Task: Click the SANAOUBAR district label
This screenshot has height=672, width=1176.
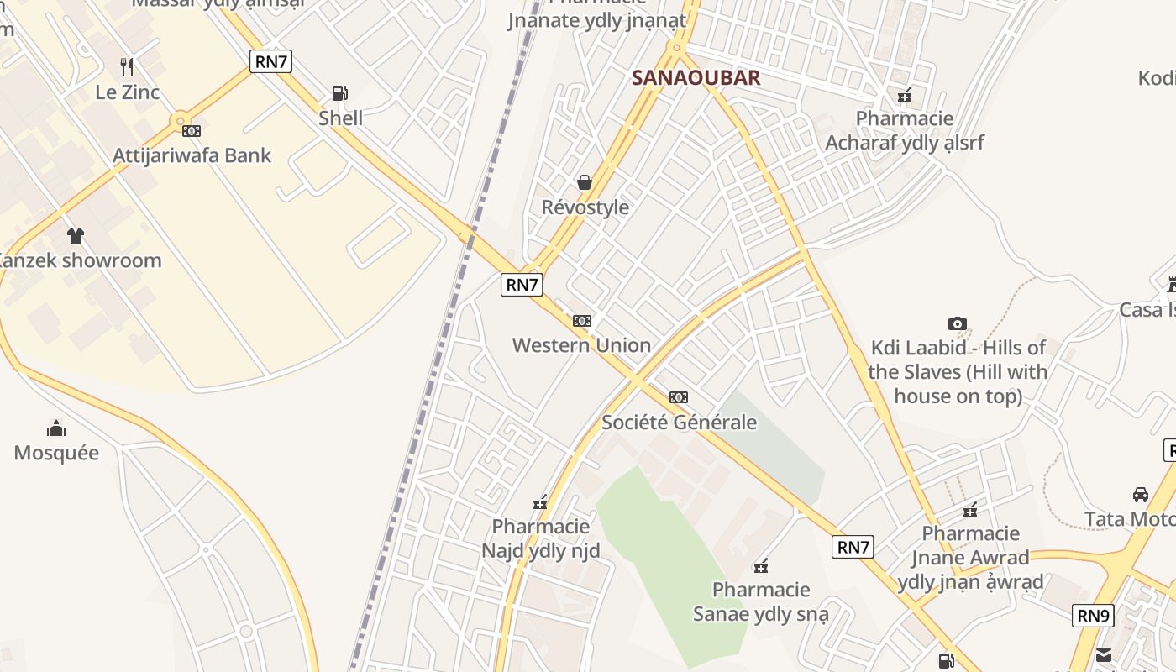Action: [696, 78]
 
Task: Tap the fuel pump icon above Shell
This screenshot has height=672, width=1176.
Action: [340, 92]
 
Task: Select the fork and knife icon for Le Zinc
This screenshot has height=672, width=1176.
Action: [127, 66]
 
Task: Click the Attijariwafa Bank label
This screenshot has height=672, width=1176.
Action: [192, 155]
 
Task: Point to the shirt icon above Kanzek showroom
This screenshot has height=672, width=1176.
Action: [76, 235]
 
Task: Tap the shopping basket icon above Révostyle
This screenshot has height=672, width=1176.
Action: [585, 182]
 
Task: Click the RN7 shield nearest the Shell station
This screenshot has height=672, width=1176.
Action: [270, 61]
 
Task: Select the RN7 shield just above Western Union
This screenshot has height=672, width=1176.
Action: [521, 285]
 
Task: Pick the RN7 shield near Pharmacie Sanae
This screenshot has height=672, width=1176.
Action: [853, 548]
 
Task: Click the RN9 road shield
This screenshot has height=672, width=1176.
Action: [1094, 616]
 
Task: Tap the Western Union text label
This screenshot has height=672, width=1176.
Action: [581, 345]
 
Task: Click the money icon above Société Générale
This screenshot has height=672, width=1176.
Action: [679, 397]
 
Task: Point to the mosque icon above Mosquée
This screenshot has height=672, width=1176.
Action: [56, 428]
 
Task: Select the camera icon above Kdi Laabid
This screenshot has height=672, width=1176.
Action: [957, 323]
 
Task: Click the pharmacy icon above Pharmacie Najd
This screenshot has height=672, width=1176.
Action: [540, 502]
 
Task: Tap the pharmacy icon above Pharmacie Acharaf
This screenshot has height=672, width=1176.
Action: [904, 95]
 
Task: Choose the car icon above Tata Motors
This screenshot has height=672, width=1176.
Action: [1140, 494]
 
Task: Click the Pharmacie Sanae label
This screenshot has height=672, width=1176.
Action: [760, 601]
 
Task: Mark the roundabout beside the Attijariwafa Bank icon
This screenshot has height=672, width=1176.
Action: [180, 123]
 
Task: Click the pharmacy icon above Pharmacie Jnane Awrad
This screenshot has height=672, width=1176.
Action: [970, 509]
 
